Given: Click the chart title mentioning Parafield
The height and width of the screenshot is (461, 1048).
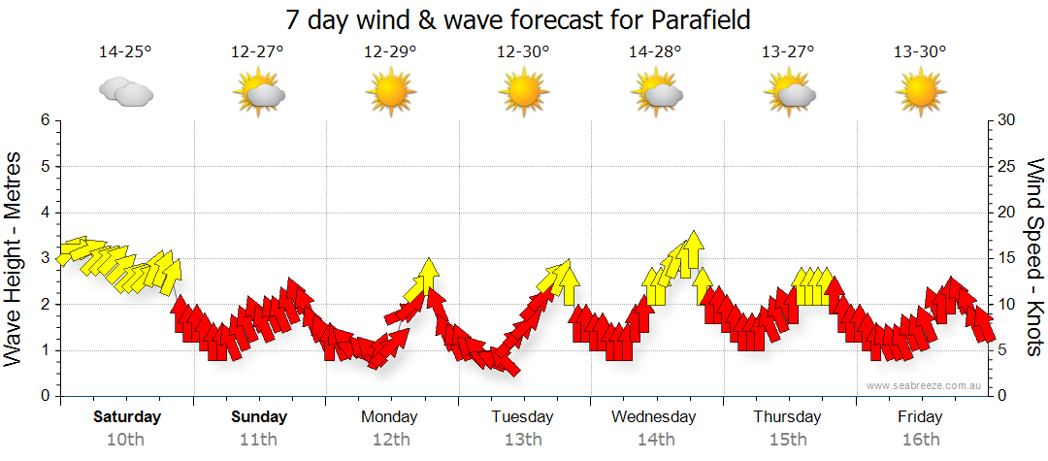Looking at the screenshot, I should (519, 19).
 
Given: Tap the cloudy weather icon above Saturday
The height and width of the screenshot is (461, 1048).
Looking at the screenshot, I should (126, 92).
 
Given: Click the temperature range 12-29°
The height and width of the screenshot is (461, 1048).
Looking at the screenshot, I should (390, 52).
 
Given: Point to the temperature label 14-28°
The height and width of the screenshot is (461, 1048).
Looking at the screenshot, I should (655, 52).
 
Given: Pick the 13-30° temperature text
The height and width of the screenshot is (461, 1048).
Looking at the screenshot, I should (920, 52).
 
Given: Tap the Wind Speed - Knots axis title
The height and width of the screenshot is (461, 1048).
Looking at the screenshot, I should (1034, 258).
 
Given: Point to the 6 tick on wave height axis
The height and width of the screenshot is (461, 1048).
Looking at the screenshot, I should (44, 120).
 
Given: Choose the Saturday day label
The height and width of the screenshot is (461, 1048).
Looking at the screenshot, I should (126, 417).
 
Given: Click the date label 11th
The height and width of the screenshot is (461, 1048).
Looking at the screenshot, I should (259, 439).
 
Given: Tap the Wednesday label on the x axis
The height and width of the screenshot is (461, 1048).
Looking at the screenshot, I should (654, 417).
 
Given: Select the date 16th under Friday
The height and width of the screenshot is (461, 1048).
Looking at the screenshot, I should (920, 439).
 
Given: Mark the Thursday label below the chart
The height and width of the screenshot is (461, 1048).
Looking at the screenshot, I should (787, 417).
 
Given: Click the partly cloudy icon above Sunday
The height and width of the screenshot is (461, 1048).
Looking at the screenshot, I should (258, 92).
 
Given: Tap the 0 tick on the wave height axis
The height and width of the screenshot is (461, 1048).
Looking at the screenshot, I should (44, 396).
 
